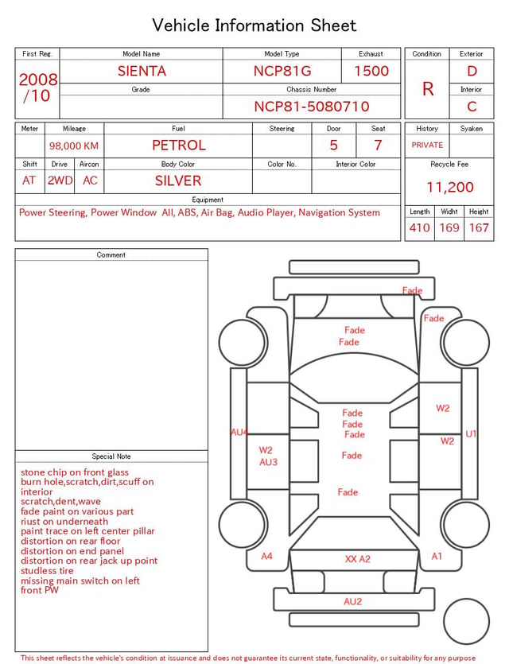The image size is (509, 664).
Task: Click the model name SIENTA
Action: click(142, 71)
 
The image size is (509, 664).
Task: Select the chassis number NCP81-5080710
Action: click(312, 107)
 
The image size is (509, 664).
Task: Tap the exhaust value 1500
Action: click(371, 71)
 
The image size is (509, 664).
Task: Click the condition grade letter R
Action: click(428, 89)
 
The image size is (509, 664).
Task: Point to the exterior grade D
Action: click(472, 71)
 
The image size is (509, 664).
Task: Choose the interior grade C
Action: click(472, 107)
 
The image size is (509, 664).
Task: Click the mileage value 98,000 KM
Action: click(74, 146)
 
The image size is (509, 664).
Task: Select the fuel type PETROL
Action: click(179, 146)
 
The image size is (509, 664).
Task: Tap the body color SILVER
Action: click(178, 181)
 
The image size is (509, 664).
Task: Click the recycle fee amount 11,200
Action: click(449, 187)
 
